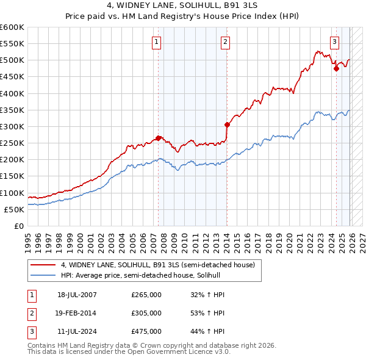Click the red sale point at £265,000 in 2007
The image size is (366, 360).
[159, 138]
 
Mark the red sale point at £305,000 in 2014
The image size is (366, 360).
[227, 124]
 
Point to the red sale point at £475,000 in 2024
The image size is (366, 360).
[336, 68]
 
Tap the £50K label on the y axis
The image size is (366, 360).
[15, 209]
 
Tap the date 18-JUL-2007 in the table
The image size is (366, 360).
[77, 295]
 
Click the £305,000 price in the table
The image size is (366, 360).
[146, 313]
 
